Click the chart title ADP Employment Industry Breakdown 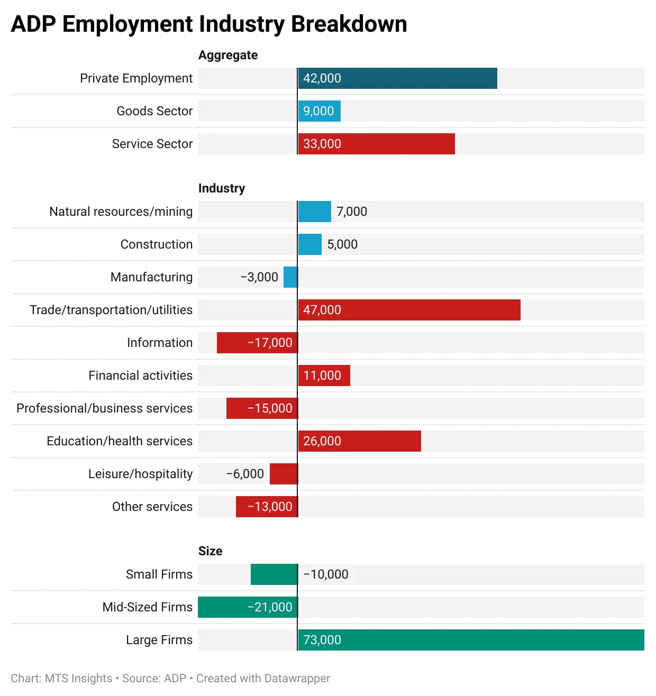(x=209, y=24)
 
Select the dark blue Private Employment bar (x=397, y=78)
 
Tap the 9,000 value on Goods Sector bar (x=318, y=111)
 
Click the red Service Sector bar (x=376, y=144)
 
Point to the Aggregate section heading (x=228, y=55)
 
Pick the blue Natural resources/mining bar (x=314, y=212)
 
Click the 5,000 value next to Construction (x=342, y=244)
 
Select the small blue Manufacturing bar (x=290, y=277)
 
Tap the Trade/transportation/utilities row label (x=111, y=310)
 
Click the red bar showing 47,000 (x=409, y=310)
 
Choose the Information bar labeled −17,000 (x=257, y=343)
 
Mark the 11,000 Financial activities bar (x=324, y=376)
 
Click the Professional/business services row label (x=104, y=408)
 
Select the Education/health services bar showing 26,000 (x=359, y=441)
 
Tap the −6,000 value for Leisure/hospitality (x=245, y=474)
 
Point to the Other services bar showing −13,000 (x=267, y=507)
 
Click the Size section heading (x=210, y=551)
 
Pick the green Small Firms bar (x=274, y=574)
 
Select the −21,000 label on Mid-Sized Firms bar (x=270, y=607)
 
